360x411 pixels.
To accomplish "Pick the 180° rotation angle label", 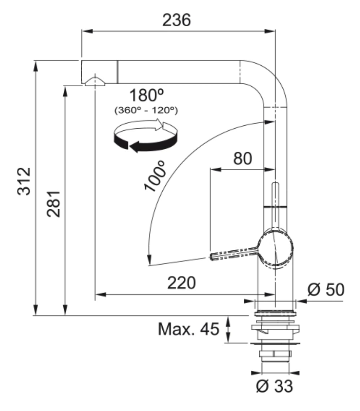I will [146, 96].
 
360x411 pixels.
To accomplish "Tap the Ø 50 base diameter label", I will [325, 290].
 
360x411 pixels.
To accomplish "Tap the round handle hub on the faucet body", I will [276, 248].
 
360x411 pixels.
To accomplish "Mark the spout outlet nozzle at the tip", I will [95, 81].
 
